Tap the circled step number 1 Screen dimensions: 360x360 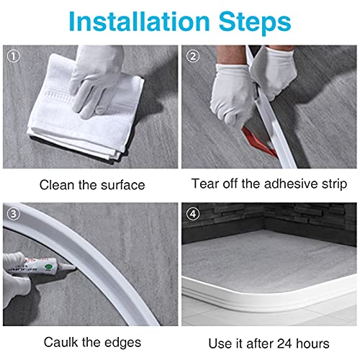(10, 55)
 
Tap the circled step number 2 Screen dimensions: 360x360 (192, 55)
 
